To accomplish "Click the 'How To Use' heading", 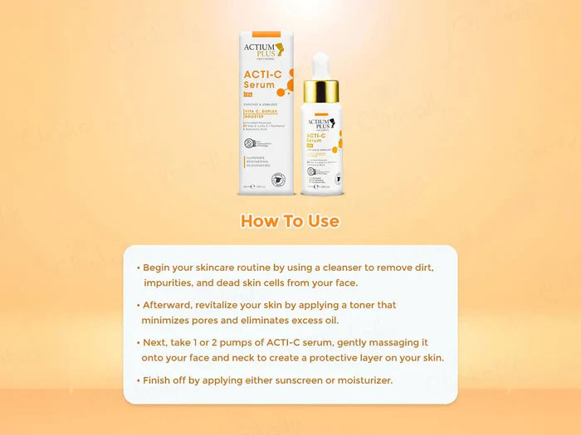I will pyautogui.click(x=290, y=221).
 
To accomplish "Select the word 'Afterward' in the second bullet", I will pyautogui.click(x=173, y=305).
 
